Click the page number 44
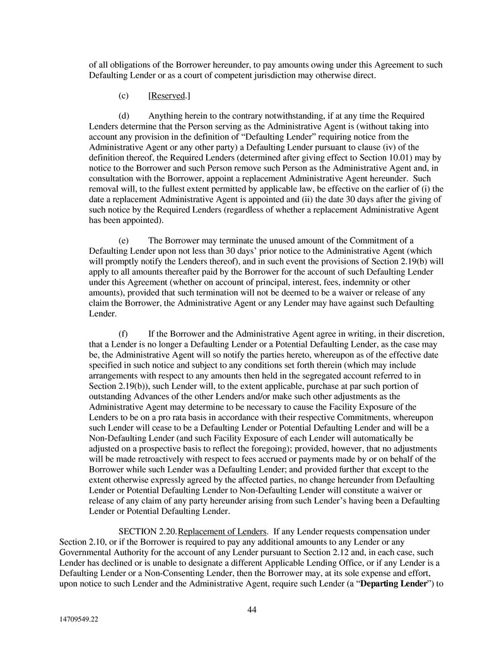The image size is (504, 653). pyautogui.click(x=251, y=609)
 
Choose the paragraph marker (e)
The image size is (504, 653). pyautogui.click(x=124, y=240)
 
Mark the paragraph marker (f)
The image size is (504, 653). pyautogui.click(x=124, y=333)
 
